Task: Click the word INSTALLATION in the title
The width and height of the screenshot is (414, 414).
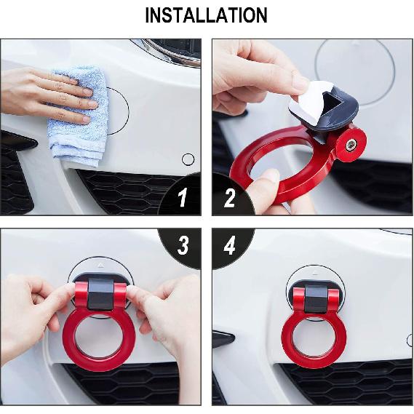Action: pyautogui.click(x=206, y=15)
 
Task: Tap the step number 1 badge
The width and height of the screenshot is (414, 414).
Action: pyautogui.click(x=183, y=197)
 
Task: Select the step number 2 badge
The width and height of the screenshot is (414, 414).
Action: pyautogui.click(x=230, y=197)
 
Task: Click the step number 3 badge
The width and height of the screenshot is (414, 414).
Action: pyautogui.click(x=183, y=246)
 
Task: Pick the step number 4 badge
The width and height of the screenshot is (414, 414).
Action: pyautogui.click(x=230, y=246)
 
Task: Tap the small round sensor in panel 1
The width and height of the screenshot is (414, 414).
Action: pyautogui.click(x=188, y=159)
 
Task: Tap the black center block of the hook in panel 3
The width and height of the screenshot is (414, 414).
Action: pyautogui.click(x=103, y=295)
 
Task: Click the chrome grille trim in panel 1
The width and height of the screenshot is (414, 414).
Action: pyautogui.click(x=171, y=52)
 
